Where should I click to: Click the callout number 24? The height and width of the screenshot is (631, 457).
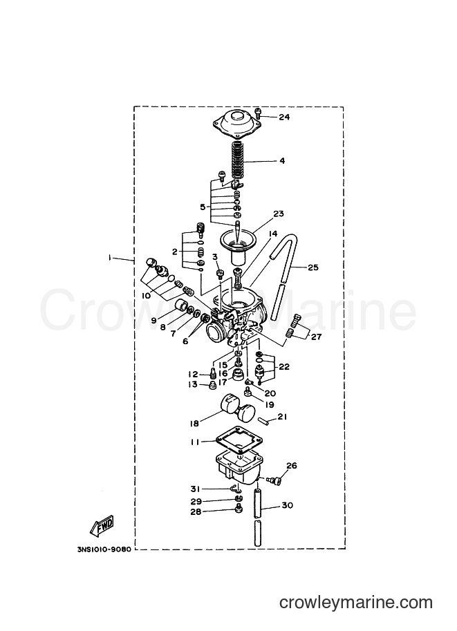(284, 117)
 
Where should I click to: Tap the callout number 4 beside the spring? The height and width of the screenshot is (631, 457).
(282, 161)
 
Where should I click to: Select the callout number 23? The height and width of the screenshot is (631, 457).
(279, 214)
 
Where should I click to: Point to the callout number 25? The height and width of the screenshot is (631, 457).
(313, 267)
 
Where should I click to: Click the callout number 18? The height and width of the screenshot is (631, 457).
(194, 424)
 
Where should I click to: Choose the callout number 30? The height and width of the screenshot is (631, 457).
(288, 505)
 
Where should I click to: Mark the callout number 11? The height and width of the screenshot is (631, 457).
(195, 442)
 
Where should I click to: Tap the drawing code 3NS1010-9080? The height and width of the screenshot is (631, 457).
(104, 549)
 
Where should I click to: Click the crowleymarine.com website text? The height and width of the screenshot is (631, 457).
(356, 603)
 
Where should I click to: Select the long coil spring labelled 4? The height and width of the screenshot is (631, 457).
(238, 161)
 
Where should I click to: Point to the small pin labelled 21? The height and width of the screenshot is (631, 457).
(265, 420)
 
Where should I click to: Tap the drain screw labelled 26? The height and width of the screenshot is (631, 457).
(276, 480)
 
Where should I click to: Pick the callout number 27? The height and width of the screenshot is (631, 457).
(317, 337)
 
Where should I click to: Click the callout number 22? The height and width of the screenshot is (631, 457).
(284, 368)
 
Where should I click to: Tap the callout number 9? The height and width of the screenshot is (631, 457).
(153, 321)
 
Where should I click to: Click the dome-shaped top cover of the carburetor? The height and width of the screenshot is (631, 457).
(236, 122)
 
